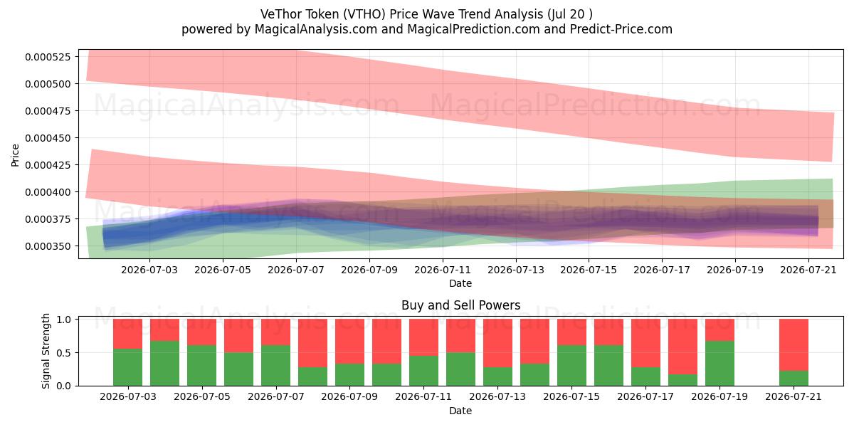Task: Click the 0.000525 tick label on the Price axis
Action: pos(48,57)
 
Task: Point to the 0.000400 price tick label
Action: pos(48,192)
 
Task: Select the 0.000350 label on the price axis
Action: pos(48,246)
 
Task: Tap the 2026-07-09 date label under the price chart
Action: pos(369,270)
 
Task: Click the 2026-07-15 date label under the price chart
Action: pos(589,270)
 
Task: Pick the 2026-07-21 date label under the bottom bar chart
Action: pos(794,396)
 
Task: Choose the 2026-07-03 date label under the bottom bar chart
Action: pos(127,396)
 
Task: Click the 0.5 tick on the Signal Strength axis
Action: pos(64,353)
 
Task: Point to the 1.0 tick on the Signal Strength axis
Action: pos(64,320)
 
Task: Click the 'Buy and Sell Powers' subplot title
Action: pos(460,305)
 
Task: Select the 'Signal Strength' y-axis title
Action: pos(46,351)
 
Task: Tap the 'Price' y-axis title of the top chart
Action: pos(15,155)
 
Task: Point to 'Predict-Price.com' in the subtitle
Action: pos(621,29)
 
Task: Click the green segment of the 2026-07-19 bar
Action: pos(719,364)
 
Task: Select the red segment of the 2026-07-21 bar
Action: pos(794,344)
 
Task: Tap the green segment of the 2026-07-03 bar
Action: pos(127,367)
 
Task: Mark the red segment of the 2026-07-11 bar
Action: pos(423,337)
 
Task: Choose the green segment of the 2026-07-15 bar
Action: pos(571,365)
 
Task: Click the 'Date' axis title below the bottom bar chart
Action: pos(460,411)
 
